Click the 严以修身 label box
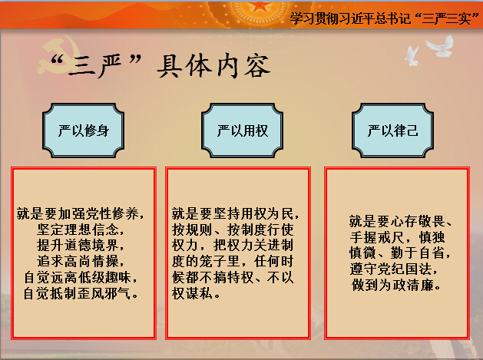[x=83, y=130]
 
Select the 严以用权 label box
[x=242, y=130]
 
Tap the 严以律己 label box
[x=392, y=130]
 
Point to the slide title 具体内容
[x=213, y=65]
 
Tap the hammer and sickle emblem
[x=58, y=54]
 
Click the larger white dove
[x=441, y=46]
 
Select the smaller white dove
[x=412, y=56]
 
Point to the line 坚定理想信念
[x=80, y=230]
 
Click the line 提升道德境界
[x=80, y=246]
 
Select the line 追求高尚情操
[x=80, y=262]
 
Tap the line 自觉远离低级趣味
[x=81, y=277]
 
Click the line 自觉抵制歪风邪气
[x=81, y=293]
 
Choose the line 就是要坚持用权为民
[x=235, y=213]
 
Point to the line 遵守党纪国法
[x=393, y=269]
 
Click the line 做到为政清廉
[x=396, y=286]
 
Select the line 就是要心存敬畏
[x=400, y=221]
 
